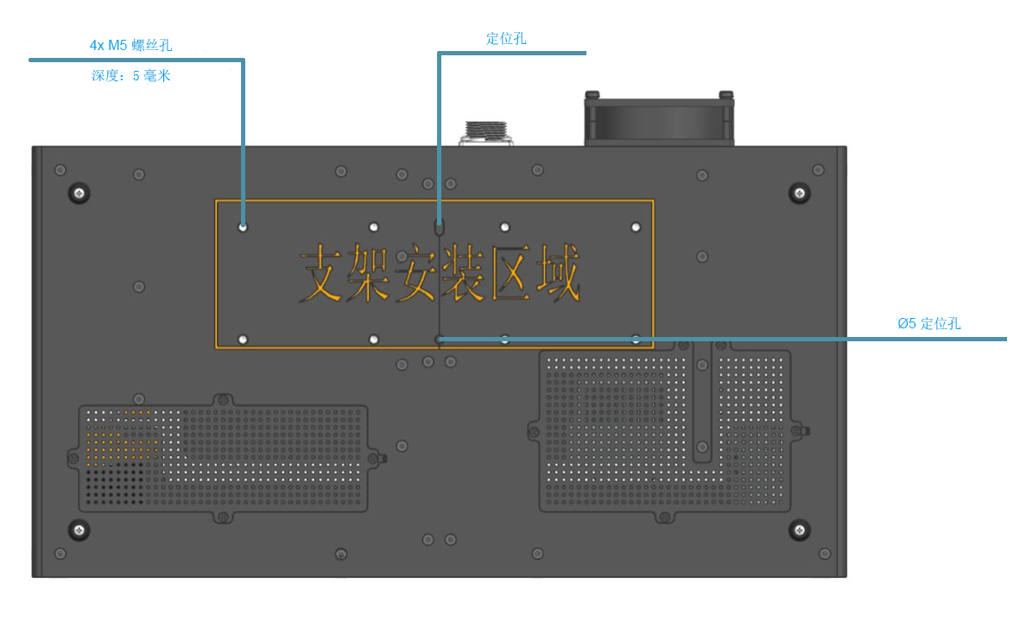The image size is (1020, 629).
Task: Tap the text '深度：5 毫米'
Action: [x=131, y=76]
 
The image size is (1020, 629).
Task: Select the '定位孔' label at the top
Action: [x=506, y=38]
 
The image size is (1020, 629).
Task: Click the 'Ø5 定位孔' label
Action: [x=928, y=324]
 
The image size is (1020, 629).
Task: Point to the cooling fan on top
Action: [x=659, y=119]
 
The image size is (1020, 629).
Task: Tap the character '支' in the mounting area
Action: [x=321, y=276]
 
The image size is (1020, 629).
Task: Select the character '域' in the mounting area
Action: [x=556, y=276]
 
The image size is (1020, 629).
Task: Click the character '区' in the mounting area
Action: [x=510, y=276]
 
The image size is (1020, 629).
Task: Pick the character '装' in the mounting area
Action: [x=462, y=276]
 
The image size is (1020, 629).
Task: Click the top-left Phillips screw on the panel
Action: [x=79, y=193]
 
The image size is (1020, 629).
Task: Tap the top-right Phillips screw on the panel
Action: [x=800, y=193]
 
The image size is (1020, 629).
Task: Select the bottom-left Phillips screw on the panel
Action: [x=79, y=530]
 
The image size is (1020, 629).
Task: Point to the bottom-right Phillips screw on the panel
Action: [x=800, y=530]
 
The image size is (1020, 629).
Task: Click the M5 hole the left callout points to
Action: [x=243, y=227]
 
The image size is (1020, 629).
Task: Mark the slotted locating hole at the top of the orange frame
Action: [x=439, y=229]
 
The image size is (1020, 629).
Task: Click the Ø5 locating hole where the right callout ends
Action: [x=440, y=340]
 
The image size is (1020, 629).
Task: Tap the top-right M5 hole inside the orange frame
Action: [x=636, y=227]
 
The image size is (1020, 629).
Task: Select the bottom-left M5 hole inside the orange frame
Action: [x=243, y=340]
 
